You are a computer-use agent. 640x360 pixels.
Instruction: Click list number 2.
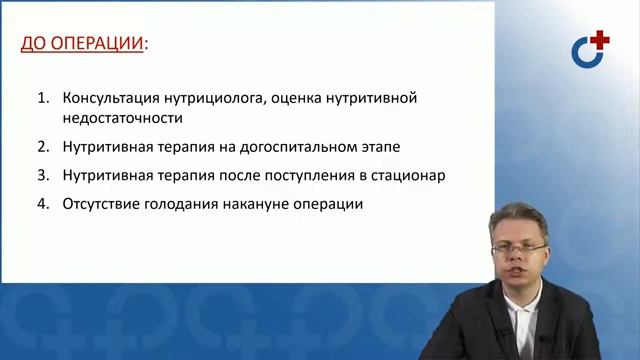[x=42, y=146]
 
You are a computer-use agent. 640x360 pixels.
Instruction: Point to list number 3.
[x=42, y=175]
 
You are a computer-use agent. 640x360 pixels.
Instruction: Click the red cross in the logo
[x=598, y=40]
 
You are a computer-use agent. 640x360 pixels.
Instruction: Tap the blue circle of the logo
[x=585, y=53]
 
